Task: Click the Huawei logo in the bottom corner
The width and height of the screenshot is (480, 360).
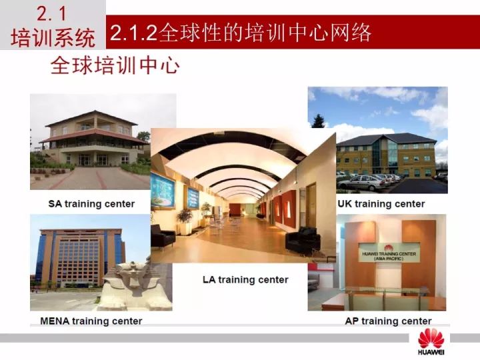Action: pos(431,342)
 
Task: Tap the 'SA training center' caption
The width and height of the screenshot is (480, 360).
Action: pos(91,204)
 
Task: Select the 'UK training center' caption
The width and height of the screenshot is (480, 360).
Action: pos(381,204)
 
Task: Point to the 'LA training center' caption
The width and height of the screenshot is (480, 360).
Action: pos(245,279)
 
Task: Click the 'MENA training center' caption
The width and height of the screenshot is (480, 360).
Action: pos(91,321)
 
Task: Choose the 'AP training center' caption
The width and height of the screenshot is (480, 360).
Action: pos(388,321)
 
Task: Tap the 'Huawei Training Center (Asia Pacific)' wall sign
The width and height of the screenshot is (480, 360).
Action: pos(389,253)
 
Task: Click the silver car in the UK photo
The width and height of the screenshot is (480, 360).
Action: pos(361,182)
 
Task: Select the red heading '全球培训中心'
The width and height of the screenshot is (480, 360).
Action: pos(115,65)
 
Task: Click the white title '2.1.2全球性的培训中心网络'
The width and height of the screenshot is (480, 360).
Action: pos(241,32)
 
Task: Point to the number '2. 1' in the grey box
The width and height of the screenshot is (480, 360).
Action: pos(51,14)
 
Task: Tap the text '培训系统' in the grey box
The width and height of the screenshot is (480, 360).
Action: pos(53,38)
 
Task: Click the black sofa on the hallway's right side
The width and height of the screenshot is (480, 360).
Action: pos(303,240)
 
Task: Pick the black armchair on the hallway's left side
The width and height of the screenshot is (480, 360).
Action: pos(162,235)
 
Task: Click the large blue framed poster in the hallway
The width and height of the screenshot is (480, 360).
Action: pos(163,191)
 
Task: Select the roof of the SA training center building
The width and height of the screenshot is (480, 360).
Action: pos(92,118)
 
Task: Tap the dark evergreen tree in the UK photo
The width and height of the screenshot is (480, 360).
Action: pos(319,121)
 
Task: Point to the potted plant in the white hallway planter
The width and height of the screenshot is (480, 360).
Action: pos(185,216)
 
